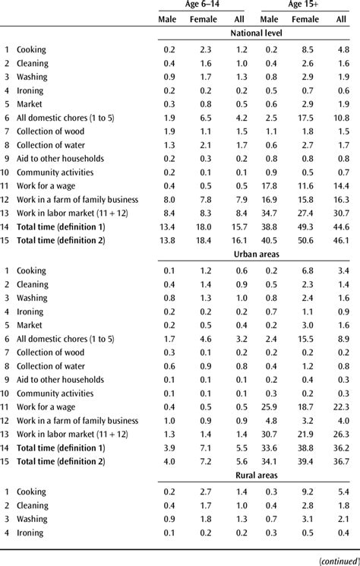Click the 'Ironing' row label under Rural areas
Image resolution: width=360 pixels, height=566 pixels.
click(30, 533)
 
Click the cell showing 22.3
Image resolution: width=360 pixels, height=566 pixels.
click(342, 406)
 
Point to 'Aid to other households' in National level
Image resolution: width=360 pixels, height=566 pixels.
click(59, 159)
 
